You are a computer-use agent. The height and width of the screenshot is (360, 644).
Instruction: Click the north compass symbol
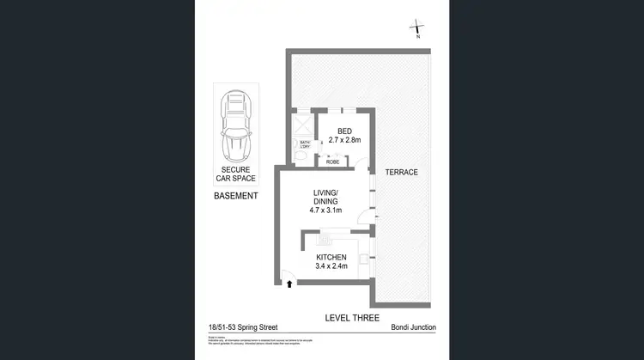(417, 28)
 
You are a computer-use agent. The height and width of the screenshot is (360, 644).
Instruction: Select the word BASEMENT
(235, 196)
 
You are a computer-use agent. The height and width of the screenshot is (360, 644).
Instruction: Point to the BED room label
(343, 131)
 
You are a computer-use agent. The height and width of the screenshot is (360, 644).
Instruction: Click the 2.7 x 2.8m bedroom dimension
(343, 140)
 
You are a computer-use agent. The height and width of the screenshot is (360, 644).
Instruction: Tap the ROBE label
(332, 161)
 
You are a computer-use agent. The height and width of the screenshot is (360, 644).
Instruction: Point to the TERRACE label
(401, 172)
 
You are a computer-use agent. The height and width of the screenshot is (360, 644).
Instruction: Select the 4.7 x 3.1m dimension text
(326, 211)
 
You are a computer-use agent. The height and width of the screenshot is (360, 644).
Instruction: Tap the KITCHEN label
(331, 257)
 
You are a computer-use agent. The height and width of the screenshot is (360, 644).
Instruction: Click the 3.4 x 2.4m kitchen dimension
(331, 267)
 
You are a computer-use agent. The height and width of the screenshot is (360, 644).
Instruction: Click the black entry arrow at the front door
(290, 283)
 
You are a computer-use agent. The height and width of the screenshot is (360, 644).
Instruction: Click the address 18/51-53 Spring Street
(243, 327)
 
